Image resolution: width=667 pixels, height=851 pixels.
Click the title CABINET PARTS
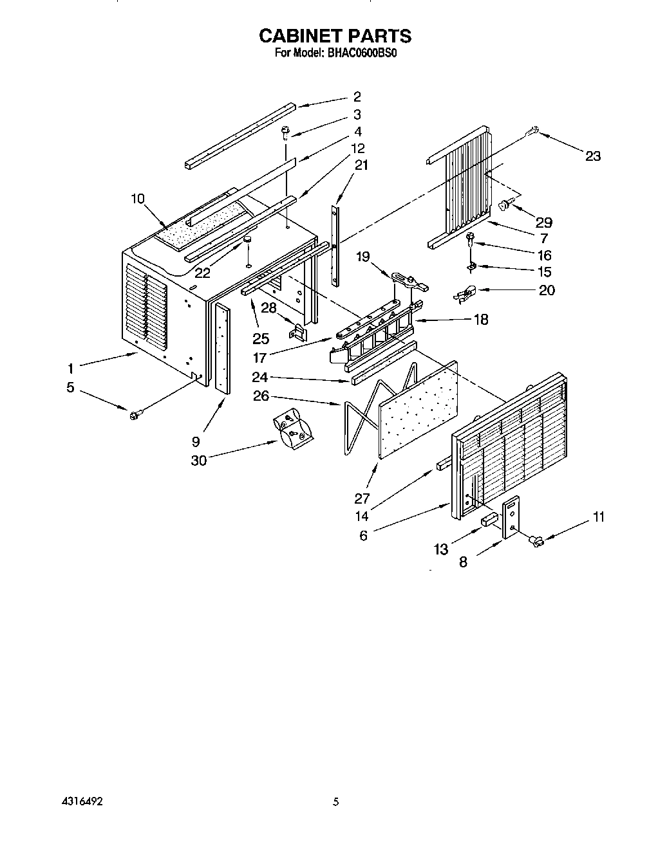point(335,35)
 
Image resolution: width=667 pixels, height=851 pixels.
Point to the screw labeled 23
point(531,132)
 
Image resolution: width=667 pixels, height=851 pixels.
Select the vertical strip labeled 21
point(335,244)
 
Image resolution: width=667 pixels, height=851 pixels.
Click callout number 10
point(137,198)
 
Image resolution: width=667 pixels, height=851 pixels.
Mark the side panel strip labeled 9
point(223,347)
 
